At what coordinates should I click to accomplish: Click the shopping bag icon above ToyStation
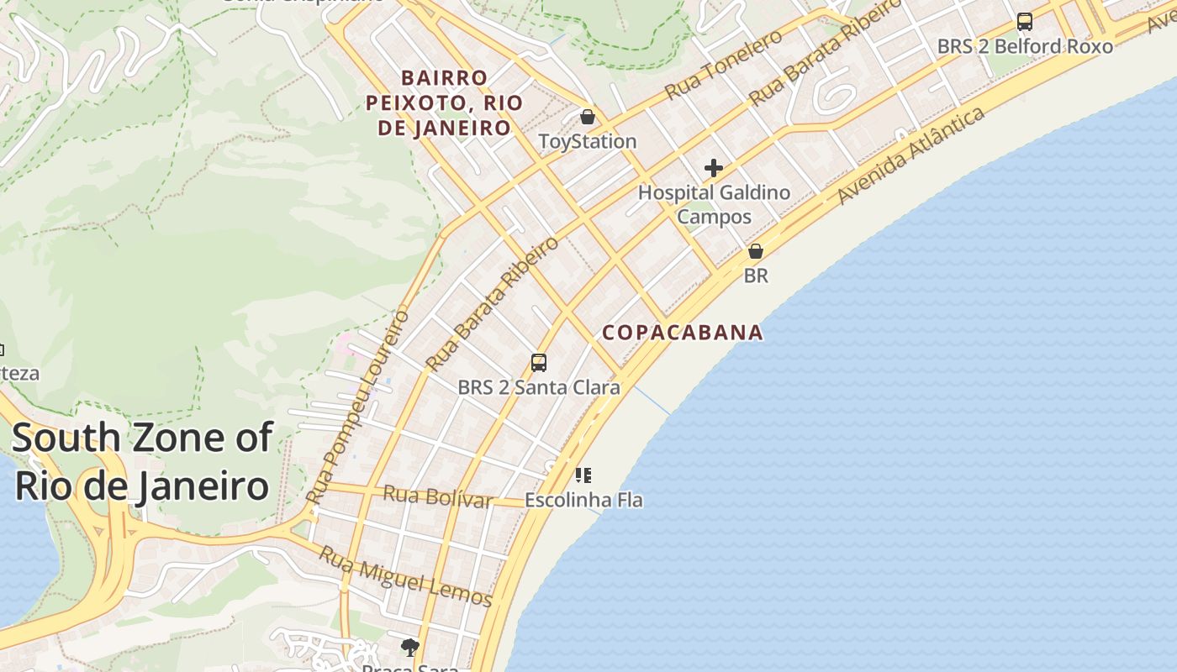point(588,116)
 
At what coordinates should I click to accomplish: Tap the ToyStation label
point(588,141)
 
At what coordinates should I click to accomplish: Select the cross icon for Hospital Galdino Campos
point(714,168)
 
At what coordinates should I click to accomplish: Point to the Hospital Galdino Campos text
point(714,204)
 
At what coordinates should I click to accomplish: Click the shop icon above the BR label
point(756,251)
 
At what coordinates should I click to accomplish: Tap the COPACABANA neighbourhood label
point(683,333)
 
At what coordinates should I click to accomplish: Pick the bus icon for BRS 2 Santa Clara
point(539,363)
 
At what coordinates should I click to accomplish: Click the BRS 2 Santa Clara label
point(539,387)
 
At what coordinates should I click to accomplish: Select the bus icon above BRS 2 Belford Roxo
point(1024,22)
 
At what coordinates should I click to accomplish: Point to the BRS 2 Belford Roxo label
point(1025,46)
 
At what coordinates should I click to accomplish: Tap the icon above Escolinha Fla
point(583,475)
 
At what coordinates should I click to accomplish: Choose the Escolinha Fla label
point(583,500)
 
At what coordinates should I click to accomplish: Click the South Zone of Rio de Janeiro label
point(142,462)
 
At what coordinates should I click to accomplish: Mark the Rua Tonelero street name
point(723,64)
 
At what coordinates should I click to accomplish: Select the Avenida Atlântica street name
point(911,155)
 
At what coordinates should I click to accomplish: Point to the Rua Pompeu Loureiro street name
point(359,407)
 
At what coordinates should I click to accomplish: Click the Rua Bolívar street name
point(437,496)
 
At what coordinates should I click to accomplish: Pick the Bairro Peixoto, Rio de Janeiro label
point(445,102)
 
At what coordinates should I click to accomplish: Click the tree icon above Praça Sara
point(410,647)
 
